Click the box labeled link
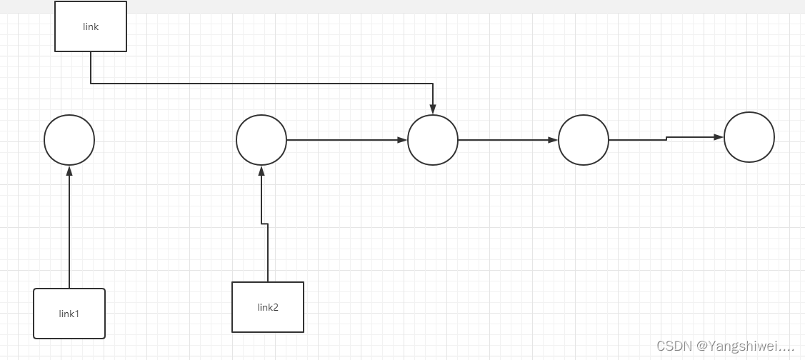(x=91, y=26)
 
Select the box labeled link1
(x=69, y=314)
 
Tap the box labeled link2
(x=268, y=307)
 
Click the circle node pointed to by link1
(x=69, y=140)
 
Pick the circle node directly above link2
(x=261, y=140)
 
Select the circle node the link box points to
(x=433, y=140)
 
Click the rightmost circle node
(x=749, y=137)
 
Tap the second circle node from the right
(x=584, y=140)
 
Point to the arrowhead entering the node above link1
(x=69, y=170)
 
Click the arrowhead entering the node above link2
(x=261, y=170)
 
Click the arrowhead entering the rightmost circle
(x=719, y=136)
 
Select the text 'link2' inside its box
(x=268, y=308)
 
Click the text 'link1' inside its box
(x=69, y=314)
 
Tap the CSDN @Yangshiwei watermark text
(x=725, y=346)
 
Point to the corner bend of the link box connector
(x=91, y=84)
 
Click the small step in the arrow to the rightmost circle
(x=666, y=138)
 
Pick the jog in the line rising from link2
(x=264, y=224)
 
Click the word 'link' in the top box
(x=91, y=27)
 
